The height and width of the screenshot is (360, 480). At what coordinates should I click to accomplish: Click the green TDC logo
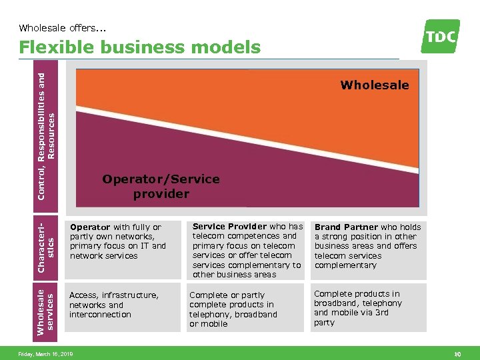coord(441,36)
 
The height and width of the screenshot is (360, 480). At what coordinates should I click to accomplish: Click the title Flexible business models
coord(139,47)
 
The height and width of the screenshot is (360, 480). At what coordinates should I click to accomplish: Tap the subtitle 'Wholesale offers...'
coord(63,28)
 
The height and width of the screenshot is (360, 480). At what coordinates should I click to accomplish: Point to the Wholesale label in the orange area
coord(374,85)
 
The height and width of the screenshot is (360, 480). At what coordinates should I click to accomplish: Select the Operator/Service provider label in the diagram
coord(161,187)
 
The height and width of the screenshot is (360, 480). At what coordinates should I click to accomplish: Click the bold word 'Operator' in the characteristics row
coord(90,227)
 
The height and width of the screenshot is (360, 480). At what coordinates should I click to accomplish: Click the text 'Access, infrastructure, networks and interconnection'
coord(114,305)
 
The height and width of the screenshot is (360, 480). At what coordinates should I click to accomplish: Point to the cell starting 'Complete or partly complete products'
coord(233,309)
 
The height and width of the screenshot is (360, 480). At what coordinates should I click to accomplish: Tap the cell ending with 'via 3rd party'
coord(358,308)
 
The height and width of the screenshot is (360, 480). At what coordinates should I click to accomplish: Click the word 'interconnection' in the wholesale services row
coord(100,315)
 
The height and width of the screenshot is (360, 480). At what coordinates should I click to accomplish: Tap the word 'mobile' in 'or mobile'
coord(214,324)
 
